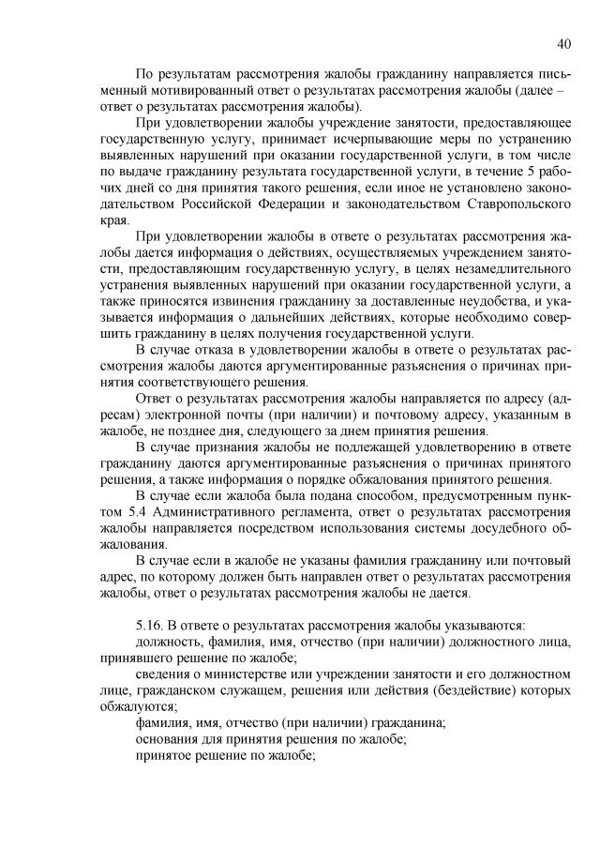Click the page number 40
click(x=564, y=43)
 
